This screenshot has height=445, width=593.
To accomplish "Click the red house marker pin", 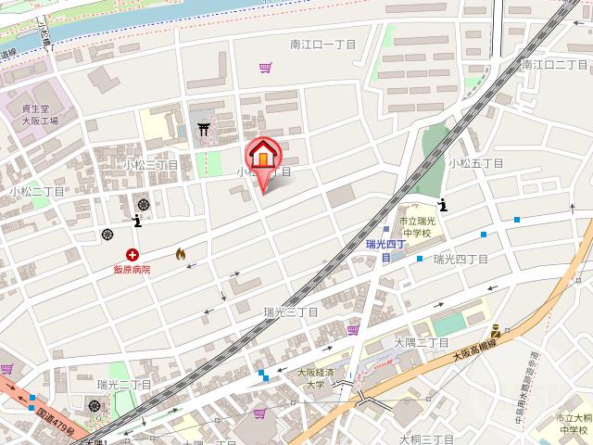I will click(x=261, y=156).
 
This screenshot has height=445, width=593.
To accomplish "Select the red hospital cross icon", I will click(x=133, y=254).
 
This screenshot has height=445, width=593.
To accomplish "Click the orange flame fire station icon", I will click(x=180, y=252).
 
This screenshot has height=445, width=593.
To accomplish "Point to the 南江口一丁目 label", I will click(x=321, y=44).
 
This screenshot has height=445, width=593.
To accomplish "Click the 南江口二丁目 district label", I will click(x=555, y=65).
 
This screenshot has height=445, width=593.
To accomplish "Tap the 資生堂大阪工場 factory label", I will click(x=40, y=115).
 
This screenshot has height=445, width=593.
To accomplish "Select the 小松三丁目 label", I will click(x=150, y=164).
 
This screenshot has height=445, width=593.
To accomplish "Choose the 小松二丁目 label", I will click(x=37, y=191).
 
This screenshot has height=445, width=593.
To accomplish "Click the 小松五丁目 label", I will click(x=475, y=163).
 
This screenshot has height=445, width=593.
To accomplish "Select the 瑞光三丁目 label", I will click(x=291, y=312).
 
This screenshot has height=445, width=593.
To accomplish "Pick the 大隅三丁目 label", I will click(x=422, y=343).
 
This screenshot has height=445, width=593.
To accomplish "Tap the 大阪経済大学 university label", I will click(x=310, y=378).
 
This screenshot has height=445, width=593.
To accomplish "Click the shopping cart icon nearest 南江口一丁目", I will click(x=266, y=67).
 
